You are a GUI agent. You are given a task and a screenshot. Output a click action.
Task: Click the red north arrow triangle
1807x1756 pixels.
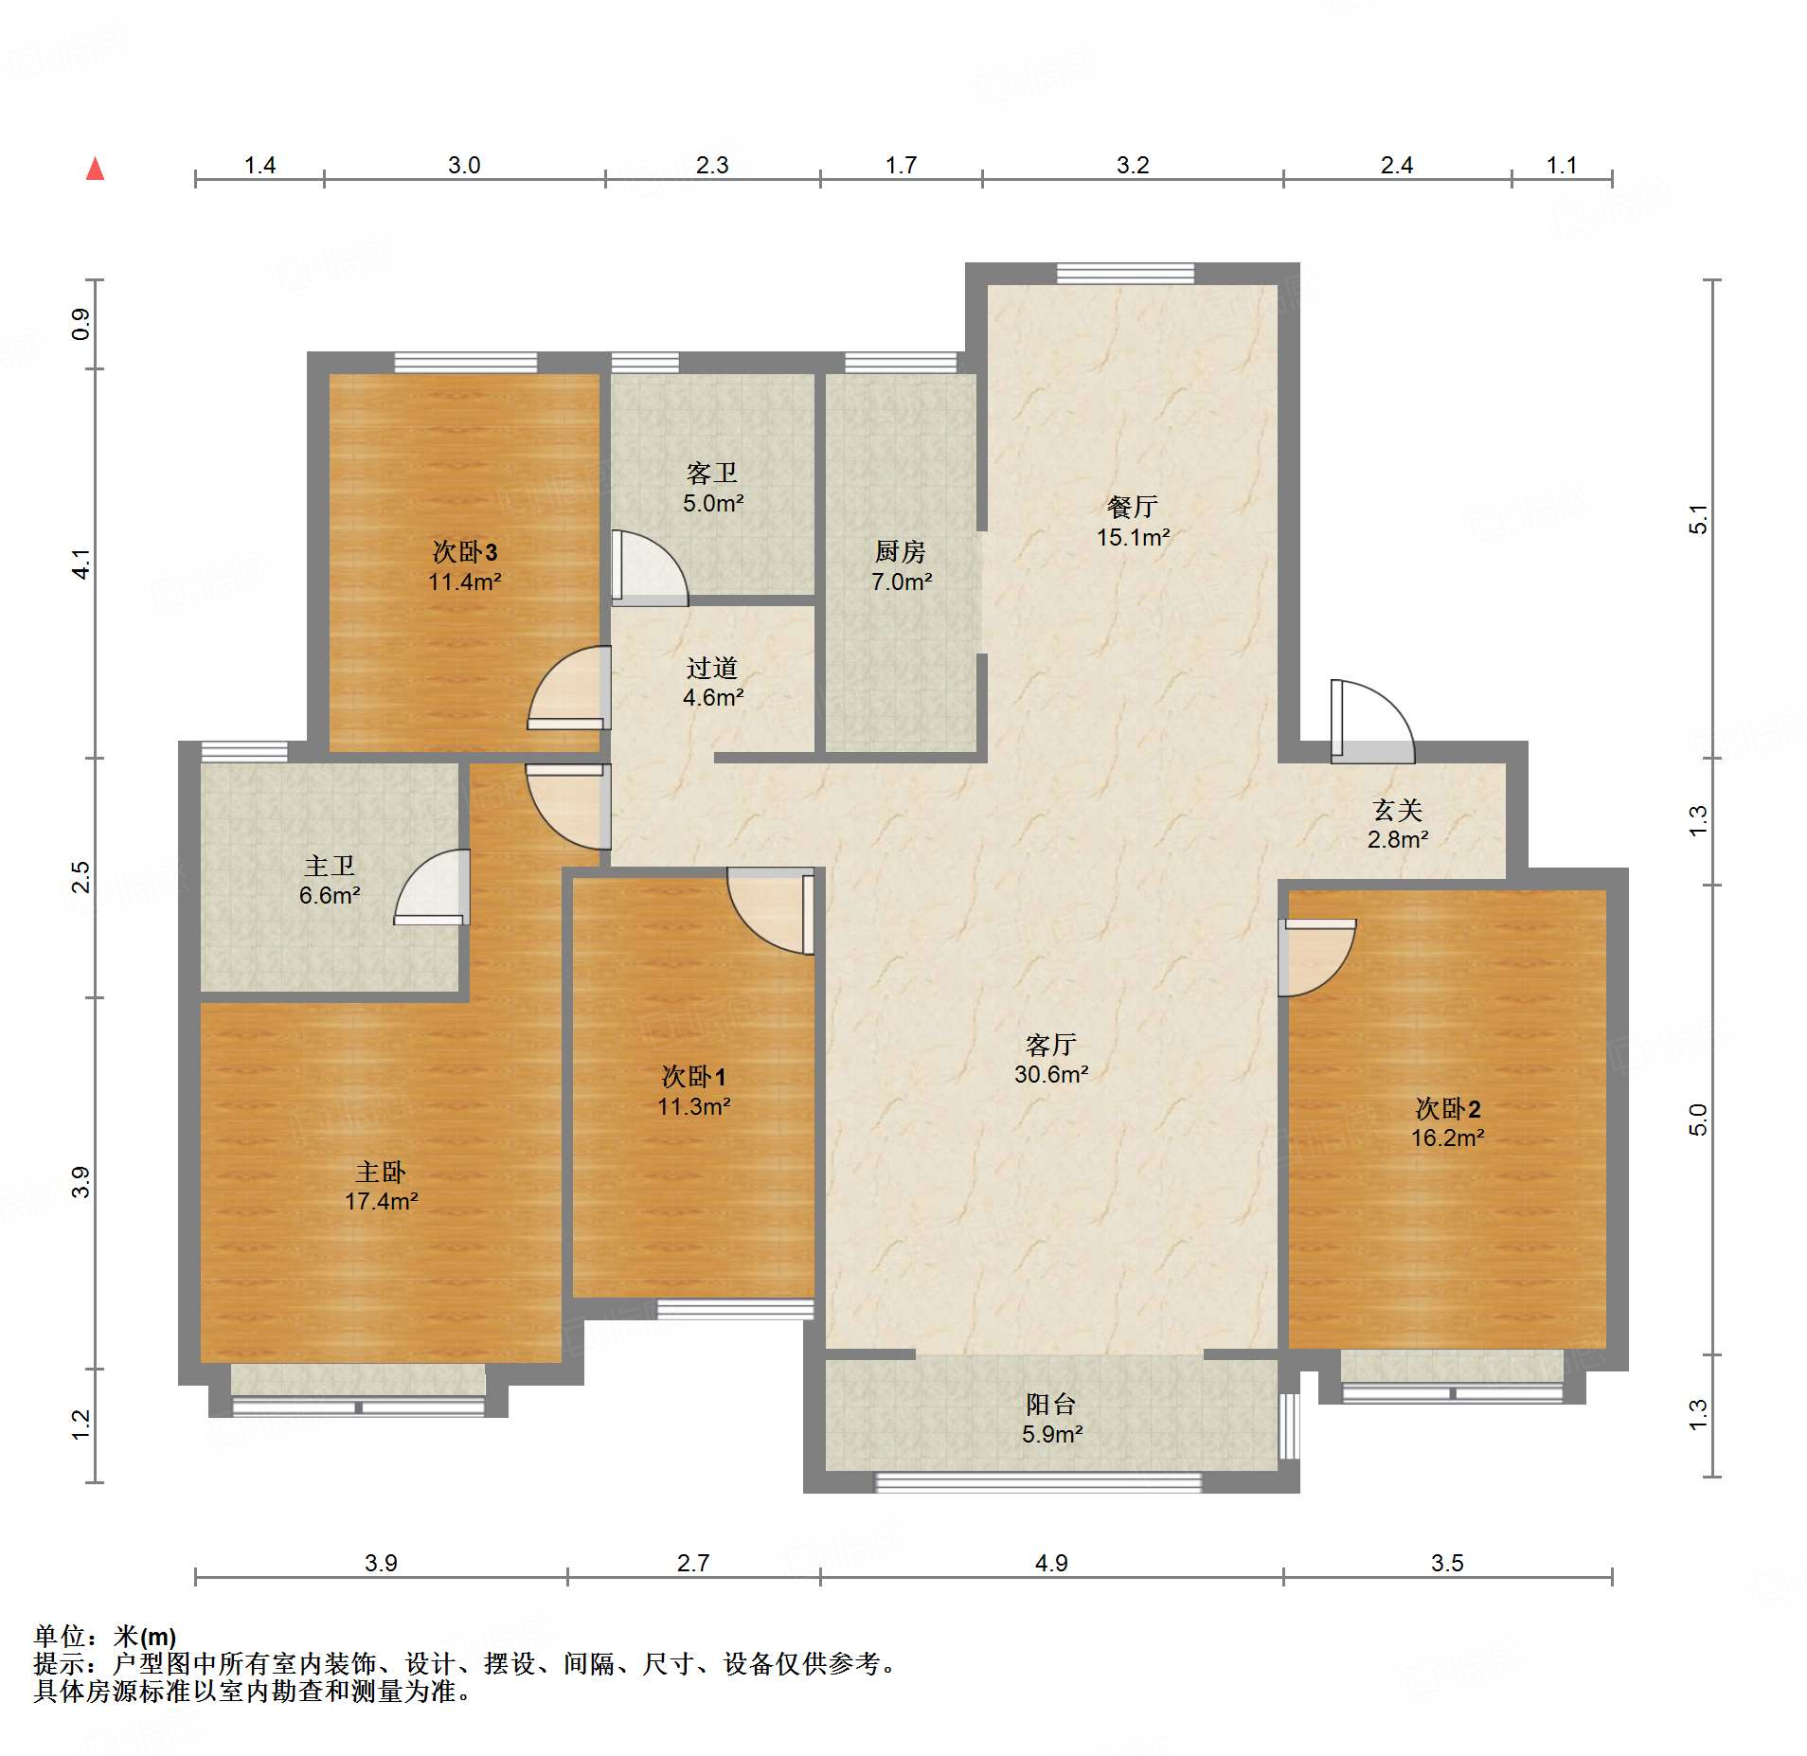[95, 169]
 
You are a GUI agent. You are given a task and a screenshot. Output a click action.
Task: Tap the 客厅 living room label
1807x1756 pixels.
[1050, 1044]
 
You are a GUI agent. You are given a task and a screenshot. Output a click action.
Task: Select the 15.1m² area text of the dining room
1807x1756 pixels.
[1133, 537]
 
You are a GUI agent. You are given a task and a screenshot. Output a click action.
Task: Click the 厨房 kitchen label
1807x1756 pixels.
[900, 551]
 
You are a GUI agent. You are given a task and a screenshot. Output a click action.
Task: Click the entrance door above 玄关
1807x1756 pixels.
[1372, 722]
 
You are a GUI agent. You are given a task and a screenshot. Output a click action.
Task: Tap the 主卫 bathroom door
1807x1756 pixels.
[433, 887]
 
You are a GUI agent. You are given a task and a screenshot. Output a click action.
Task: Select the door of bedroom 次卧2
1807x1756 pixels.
[1316, 958]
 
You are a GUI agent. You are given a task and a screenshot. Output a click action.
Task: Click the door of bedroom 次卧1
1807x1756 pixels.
[771, 911]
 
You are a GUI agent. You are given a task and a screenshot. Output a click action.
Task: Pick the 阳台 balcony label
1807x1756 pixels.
[1050, 1404]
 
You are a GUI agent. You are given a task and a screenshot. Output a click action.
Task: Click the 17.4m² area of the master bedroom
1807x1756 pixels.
[382, 1201]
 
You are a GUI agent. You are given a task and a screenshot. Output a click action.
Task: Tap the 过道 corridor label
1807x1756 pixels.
[711, 668]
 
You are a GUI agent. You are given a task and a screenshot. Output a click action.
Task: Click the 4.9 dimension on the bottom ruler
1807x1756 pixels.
[1051, 1563]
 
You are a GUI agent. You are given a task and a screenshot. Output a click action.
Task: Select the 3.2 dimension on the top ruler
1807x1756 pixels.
[1133, 166]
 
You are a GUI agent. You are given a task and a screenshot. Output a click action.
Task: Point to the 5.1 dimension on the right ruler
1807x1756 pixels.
[1699, 519]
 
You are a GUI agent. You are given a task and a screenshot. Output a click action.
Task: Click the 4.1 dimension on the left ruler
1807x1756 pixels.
[82, 564]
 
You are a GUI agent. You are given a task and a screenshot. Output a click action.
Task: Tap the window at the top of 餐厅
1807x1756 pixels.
[1125, 273]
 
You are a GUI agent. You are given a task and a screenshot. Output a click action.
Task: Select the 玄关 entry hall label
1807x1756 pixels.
[1398, 810]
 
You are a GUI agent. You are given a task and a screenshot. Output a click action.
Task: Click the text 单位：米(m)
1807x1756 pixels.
[105, 1636]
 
